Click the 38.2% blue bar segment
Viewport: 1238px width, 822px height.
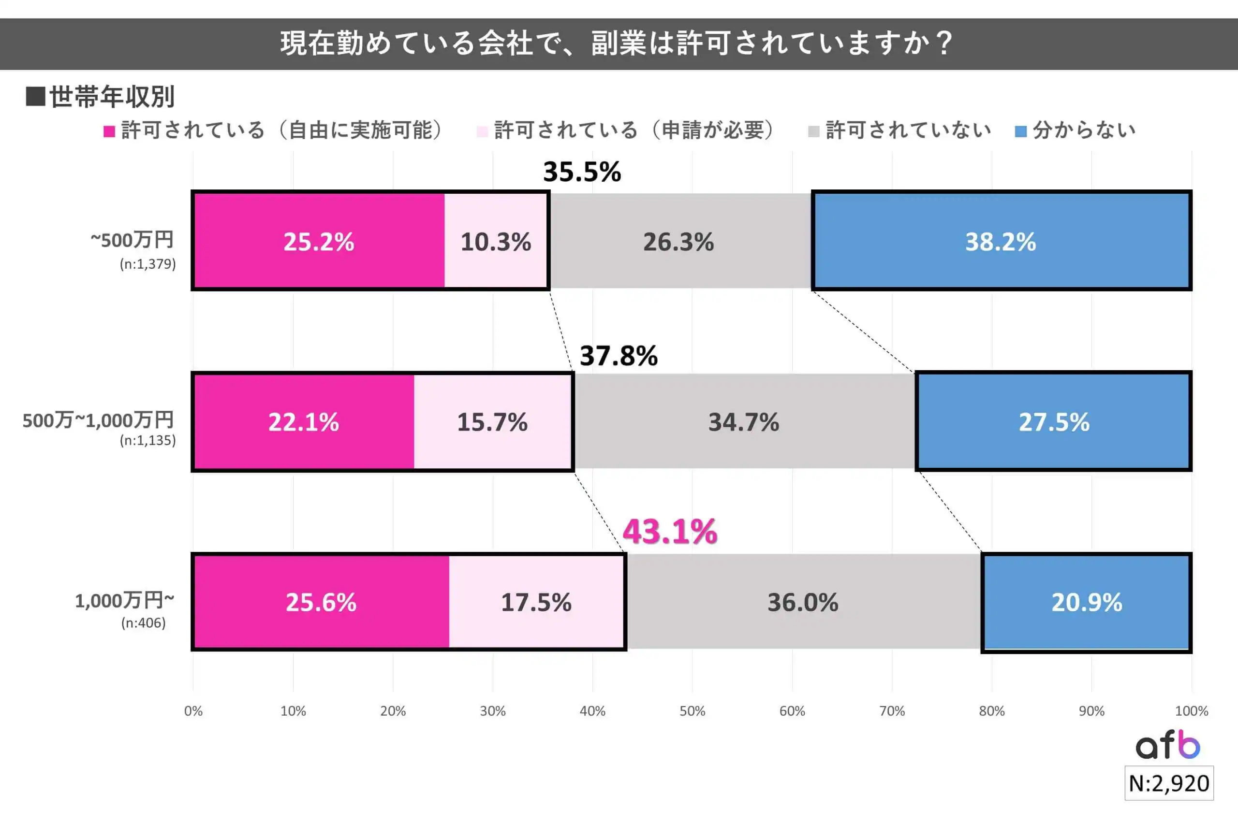[x=1001, y=241]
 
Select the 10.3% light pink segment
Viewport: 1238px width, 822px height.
[x=496, y=241]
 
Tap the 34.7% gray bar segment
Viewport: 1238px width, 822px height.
[x=744, y=421]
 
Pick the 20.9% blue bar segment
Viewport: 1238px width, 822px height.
[x=1086, y=602]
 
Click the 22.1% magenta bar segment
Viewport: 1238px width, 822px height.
[x=304, y=421]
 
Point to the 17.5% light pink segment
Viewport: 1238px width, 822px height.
[x=536, y=602]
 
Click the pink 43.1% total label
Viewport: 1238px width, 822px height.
[x=669, y=531]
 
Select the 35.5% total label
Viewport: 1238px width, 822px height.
[x=582, y=172]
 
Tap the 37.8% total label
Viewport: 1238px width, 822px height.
[x=619, y=356]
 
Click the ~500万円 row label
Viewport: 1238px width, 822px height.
[x=132, y=240]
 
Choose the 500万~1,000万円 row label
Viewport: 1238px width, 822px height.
[x=98, y=420]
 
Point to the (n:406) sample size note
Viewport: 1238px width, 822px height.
[x=143, y=623]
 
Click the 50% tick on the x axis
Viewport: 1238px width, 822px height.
[x=692, y=711]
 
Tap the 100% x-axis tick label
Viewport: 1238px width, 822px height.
[x=1191, y=711]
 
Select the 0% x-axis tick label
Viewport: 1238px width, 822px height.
[x=193, y=711]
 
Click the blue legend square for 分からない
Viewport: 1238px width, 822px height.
[x=1020, y=131]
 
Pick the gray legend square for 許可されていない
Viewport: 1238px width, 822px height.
[x=813, y=131]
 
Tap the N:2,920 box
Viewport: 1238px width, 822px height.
[x=1169, y=783]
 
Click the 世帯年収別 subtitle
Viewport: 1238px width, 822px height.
[x=111, y=97]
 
